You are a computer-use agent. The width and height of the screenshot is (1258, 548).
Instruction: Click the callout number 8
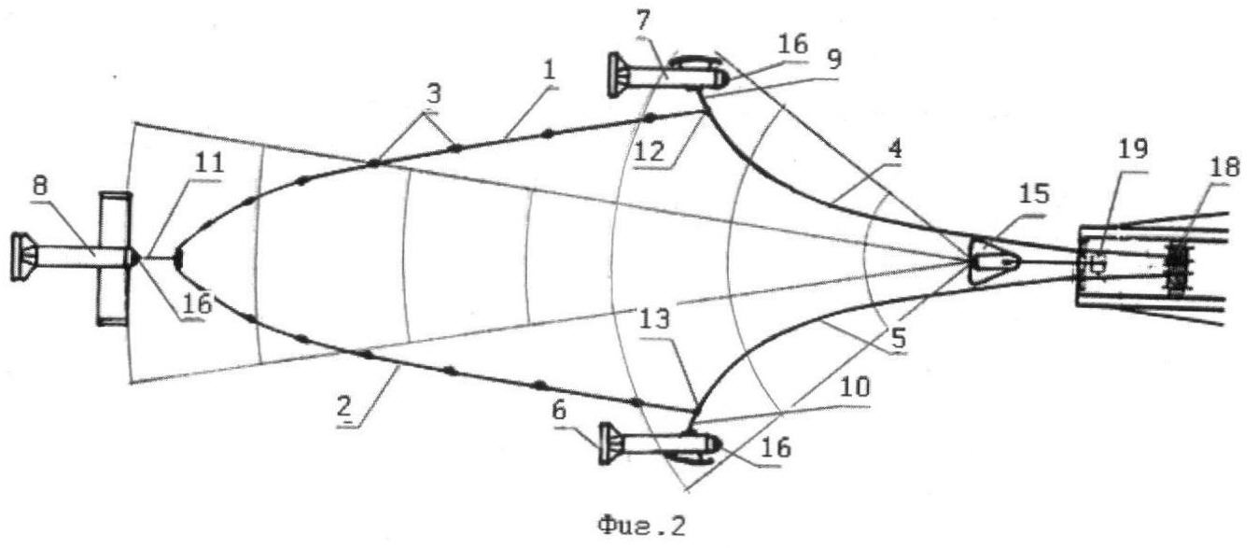click(x=39, y=186)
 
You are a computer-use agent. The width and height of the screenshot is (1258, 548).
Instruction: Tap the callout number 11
click(x=209, y=163)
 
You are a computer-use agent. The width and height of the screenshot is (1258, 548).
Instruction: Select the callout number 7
click(x=643, y=21)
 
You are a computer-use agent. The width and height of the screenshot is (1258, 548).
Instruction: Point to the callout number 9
click(x=834, y=60)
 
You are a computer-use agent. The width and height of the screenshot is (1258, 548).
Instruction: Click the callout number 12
click(x=650, y=151)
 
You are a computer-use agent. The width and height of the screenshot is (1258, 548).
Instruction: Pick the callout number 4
click(x=895, y=149)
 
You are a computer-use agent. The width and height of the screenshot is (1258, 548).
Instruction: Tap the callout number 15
click(x=1034, y=194)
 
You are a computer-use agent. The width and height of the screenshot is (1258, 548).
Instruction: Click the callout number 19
click(x=1133, y=149)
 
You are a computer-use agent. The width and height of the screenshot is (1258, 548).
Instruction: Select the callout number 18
click(x=1224, y=166)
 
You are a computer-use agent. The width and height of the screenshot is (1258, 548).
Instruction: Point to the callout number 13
click(x=656, y=320)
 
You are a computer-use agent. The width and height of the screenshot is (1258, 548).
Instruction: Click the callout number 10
click(x=856, y=387)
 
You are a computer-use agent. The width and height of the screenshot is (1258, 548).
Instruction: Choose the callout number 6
click(x=559, y=411)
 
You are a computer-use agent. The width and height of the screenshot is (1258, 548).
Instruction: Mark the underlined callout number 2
click(x=344, y=406)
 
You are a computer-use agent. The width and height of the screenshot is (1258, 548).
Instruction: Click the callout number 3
click(x=434, y=94)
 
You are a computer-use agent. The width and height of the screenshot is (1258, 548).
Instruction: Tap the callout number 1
click(x=550, y=70)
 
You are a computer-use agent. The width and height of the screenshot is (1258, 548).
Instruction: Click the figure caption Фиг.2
click(x=641, y=527)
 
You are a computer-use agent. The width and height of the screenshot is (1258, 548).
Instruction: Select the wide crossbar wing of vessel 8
click(x=114, y=259)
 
